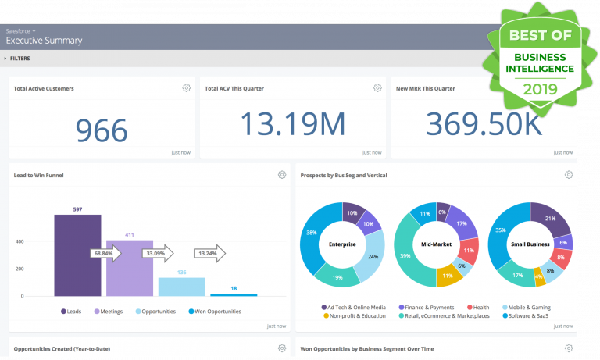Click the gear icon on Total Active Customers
[186, 88]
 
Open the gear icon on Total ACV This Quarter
[377, 88]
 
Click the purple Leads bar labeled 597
[77, 255]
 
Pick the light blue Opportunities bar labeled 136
[181, 287]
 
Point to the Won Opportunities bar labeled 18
[234, 294]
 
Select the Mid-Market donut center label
[435, 244]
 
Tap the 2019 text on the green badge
[535, 88]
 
